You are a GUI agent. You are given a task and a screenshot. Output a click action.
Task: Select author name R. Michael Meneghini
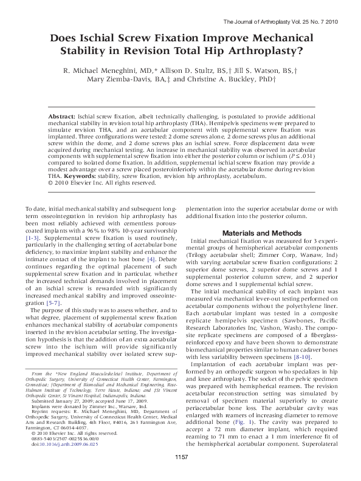pos(114,71)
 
